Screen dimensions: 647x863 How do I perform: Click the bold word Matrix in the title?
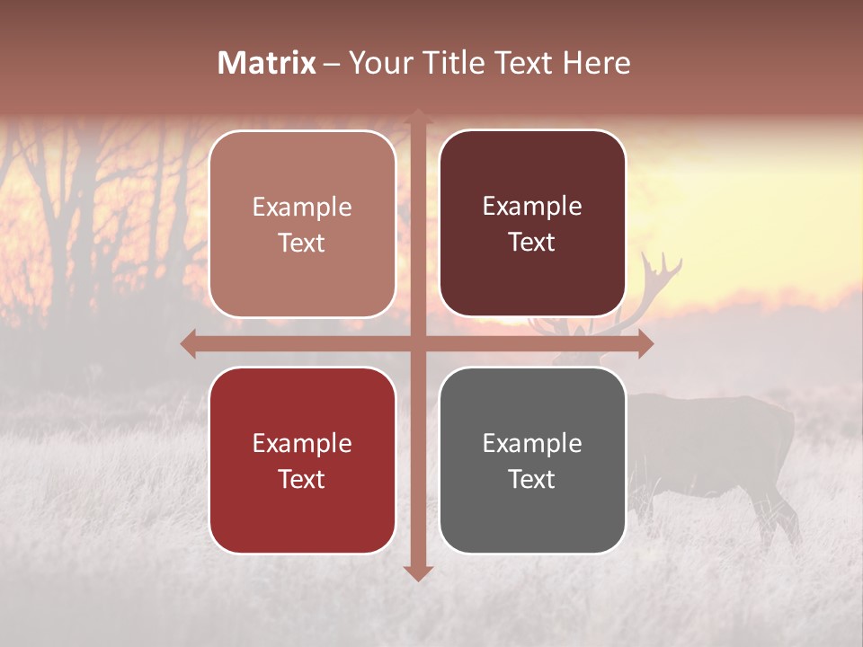tap(267, 63)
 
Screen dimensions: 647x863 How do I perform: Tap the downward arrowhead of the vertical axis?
tap(418, 573)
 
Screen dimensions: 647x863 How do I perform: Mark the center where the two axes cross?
tap(418, 343)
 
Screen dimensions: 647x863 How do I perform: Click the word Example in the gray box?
tap(532, 443)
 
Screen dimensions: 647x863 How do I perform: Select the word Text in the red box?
tap(302, 479)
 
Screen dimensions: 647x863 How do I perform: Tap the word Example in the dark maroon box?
tap(532, 207)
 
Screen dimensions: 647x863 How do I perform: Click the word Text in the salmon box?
tap(302, 244)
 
